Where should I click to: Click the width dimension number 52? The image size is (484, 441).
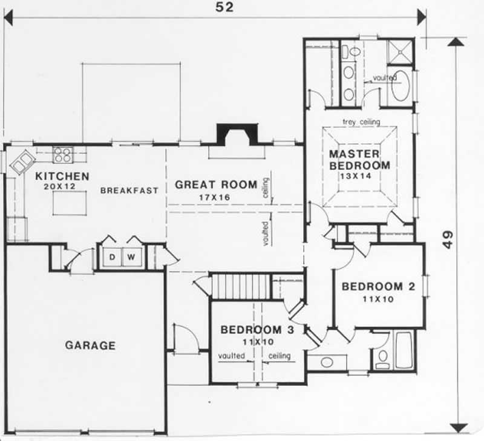[x=224, y=7]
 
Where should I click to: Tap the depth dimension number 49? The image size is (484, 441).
[x=448, y=240]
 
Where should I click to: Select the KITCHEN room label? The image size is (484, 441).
[x=62, y=176]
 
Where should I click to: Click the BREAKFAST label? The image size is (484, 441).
[x=129, y=191]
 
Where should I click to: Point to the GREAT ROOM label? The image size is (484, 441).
[x=216, y=185]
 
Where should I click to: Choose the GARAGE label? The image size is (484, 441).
[x=90, y=345]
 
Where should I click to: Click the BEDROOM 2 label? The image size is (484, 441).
[x=379, y=286]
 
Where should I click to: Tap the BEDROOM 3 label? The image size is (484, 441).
[x=258, y=330]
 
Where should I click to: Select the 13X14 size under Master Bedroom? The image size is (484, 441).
[x=356, y=176]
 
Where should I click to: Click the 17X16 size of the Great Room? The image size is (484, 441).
[x=215, y=197]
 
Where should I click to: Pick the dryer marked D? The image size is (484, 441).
[x=113, y=256]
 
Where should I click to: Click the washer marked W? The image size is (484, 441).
[x=132, y=256]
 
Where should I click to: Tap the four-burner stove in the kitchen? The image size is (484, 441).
[x=63, y=155]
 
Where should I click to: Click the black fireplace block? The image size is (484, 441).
[x=237, y=134]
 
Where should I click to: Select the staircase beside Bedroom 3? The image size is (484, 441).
[x=241, y=286]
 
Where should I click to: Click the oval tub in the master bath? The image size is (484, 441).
[x=401, y=86]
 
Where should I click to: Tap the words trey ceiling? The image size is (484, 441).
[x=361, y=122]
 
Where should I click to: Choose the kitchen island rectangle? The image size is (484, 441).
[x=70, y=203]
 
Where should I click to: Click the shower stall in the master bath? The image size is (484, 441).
[x=400, y=52]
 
